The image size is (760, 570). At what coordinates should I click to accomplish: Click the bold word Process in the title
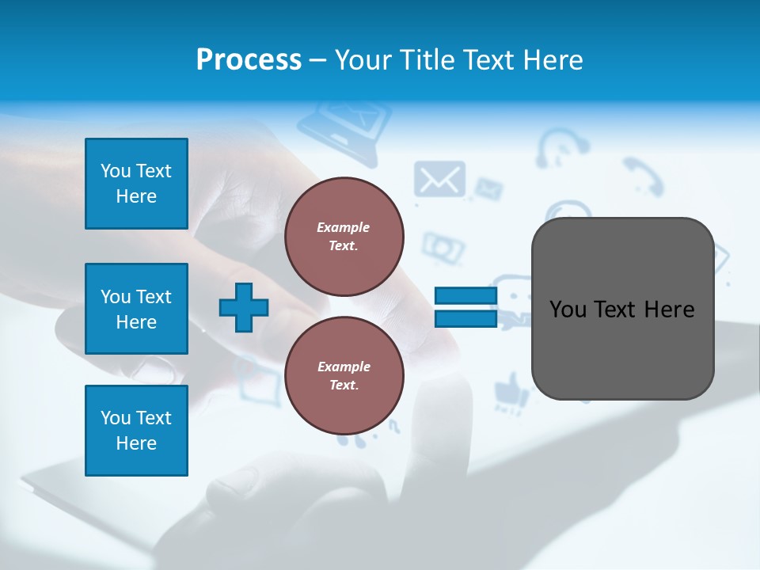249,60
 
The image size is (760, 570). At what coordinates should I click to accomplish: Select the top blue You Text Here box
136,184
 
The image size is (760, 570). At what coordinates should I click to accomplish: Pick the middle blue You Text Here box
136,309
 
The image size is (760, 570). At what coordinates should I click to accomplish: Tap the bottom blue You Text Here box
136,431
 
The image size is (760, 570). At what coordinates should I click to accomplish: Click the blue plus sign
244,308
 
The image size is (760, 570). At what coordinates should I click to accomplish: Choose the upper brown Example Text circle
344,236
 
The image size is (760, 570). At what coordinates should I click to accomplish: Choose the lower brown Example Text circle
344,375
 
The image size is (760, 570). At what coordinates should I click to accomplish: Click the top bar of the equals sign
465,296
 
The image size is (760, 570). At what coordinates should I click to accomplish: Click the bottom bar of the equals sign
465,319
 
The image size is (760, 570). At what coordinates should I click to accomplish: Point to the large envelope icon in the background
439,180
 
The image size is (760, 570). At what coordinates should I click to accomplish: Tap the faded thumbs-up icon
510,390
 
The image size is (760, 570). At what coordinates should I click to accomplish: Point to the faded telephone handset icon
642,175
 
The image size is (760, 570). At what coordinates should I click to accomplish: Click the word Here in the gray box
669,309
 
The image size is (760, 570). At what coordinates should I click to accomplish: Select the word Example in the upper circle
343,227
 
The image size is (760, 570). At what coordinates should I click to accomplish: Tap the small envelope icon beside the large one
488,189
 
